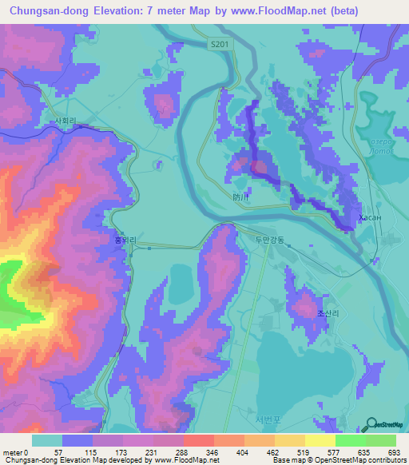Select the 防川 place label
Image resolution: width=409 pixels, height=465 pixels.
point(240,197)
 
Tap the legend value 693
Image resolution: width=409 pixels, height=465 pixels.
point(394,451)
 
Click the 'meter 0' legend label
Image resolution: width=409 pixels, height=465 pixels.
point(15,451)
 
